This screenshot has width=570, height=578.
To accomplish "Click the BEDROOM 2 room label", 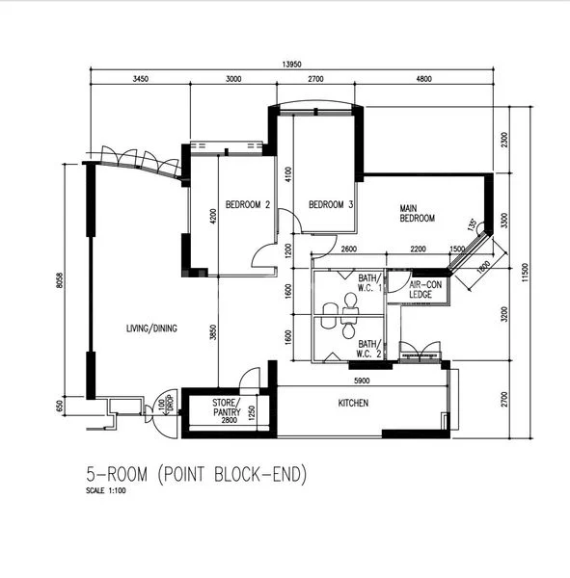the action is pyautogui.click(x=248, y=204).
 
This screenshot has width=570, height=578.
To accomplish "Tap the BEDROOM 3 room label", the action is pyautogui.click(x=331, y=204).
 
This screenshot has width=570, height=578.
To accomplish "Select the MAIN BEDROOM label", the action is pyautogui.click(x=418, y=214).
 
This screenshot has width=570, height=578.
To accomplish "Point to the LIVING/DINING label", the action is pyautogui.click(x=151, y=328).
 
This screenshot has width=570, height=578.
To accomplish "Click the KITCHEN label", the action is pyautogui.click(x=353, y=403).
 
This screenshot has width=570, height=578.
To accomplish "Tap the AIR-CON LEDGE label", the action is pyautogui.click(x=425, y=289).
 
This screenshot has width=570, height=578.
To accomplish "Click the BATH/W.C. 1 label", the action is pyautogui.click(x=369, y=282).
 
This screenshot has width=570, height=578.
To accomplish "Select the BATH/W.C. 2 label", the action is pyautogui.click(x=368, y=349).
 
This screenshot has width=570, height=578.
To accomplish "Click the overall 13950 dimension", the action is pyautogui.click(x=291, y=65).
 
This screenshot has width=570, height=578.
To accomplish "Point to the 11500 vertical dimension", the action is pyautogui.click(x=526, y=273).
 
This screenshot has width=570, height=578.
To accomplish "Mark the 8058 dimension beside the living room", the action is pyautogui.click(x=59, y=280).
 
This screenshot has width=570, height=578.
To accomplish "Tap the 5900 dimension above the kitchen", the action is pyautogui.click(x=362, y=381).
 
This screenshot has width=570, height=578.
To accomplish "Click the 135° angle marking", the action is pyautogui.click(x=473, y=224).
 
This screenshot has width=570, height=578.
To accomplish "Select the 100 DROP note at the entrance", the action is pyautogui.click(x=165, y=405).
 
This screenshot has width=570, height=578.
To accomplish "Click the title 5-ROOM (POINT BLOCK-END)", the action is pyautogui.click(x=197, y=474).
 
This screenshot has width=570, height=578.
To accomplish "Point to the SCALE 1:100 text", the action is pyautogui.click(x=106, y=490).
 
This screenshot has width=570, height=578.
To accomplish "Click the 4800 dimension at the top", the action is pyautogui.click(x=423, y=79).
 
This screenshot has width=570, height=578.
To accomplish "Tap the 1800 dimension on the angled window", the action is pyautogui.click(x=483, y=267).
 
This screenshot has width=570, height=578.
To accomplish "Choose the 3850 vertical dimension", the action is pyautogui.click(x=212, y=332).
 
